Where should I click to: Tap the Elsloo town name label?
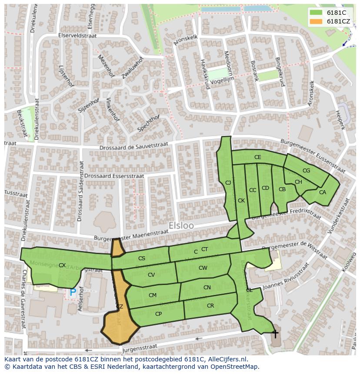point(181,226)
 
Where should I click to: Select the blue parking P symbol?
point(73,293)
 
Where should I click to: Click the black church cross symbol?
point(275,334)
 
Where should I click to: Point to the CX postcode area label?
point(62,265)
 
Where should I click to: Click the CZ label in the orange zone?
point(119,307)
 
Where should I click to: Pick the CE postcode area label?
point(257,157)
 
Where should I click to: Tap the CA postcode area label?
point(322,192)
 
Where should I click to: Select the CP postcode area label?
point(158,314)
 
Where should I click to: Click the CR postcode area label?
point(210,306)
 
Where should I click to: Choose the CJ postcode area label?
point(228,183)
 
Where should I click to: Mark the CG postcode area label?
point(306,171)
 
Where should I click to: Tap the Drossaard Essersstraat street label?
point(114,176)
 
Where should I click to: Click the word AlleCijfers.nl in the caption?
point(226,359)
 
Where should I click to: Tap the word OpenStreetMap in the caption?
point(234,367)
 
